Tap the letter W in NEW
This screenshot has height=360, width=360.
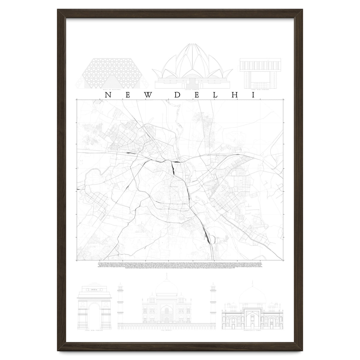[148, 95]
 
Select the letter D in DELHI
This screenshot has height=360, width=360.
[178, 95]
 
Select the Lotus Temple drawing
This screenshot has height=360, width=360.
[192, 66]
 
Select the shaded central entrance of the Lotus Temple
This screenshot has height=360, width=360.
[192, 82]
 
